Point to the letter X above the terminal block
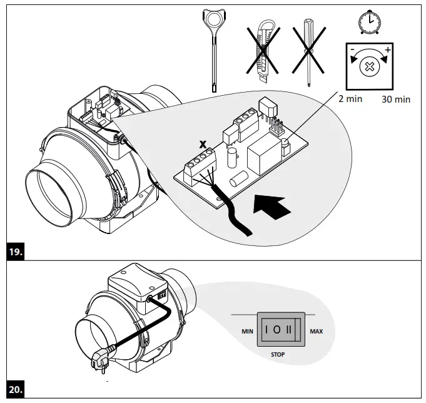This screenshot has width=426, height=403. (202, 145)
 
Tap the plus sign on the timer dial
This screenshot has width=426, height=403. (388, 49)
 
